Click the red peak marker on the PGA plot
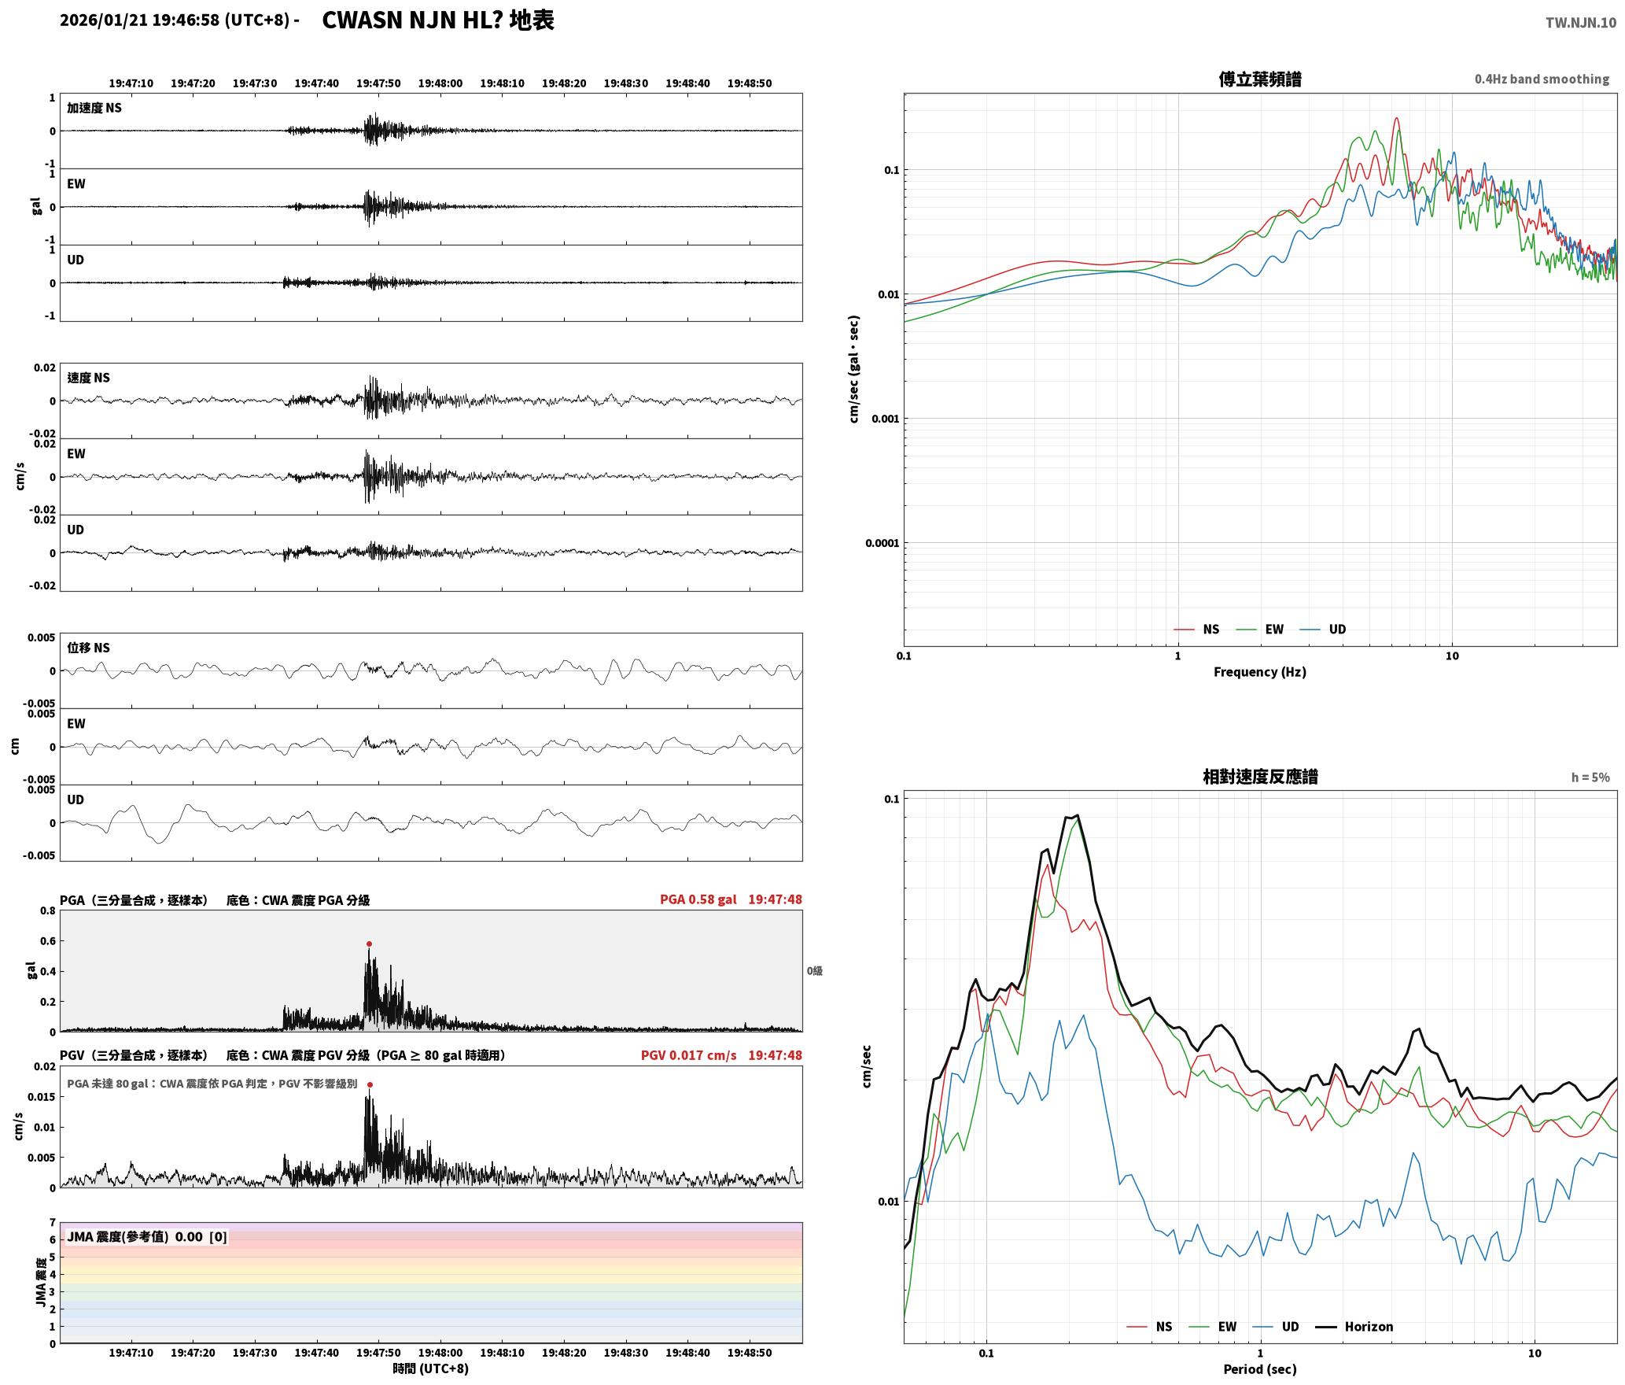click(369, 944)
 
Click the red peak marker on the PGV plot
click(370, 1084)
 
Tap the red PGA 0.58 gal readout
click(698, 899)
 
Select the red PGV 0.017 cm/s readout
click(689, 1055)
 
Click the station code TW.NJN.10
click(1581, 23)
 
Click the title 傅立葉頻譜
click(1260, 79)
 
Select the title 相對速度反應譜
click(1260, 777)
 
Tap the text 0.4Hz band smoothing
click(1542, 79)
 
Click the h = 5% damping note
click(1590, 777)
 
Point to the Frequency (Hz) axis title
click(1260, 672)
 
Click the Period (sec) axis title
click(1260, 1369)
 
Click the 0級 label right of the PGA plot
click(814, 971)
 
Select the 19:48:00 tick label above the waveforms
click(440, 83)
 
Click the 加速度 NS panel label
click(94, 108)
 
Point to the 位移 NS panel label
click(88, 648)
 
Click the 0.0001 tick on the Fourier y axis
click(881, 543)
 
